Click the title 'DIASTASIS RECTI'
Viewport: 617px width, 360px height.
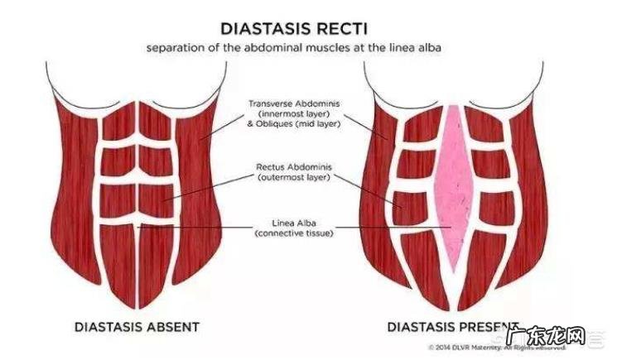pyautogui.click(x=293, y=29)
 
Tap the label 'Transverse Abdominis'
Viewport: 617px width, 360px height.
pyautogui.click(x=292, y=103)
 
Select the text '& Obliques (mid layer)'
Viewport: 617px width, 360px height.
pyautogui.click(x=293, y=123)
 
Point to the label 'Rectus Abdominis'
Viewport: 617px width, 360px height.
pyautogui.click(x=293, y=166)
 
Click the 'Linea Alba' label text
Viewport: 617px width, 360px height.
pyautogui.click(x=293, y=223)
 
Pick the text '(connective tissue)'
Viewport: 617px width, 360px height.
pyautogui.click(x=293, y=234)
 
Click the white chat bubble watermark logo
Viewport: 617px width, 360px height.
pyautogui.click(x=504, y=337)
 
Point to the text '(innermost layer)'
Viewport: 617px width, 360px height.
pyautogui.click(x=293, y=113)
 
